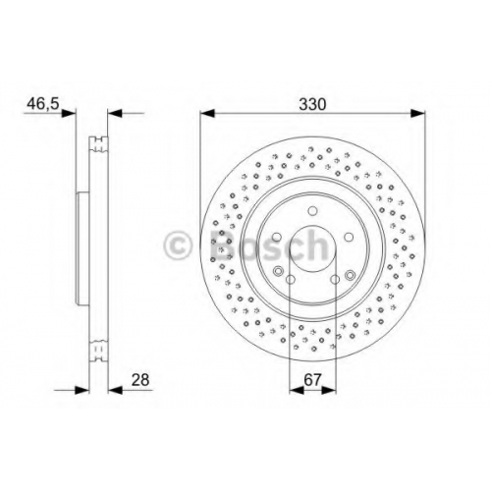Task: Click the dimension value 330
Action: (312, 104)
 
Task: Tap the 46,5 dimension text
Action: (43, 104)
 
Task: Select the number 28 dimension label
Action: (140, 380)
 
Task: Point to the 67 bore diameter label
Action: (312, 380)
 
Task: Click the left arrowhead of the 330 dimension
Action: (207, 113)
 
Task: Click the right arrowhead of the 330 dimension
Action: (418, 113)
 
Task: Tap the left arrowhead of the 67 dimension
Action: (297, 390)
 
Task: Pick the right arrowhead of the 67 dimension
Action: (329, 390)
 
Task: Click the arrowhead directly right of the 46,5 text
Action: (69, 113)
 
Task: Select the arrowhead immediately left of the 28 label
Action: (115, 390)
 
